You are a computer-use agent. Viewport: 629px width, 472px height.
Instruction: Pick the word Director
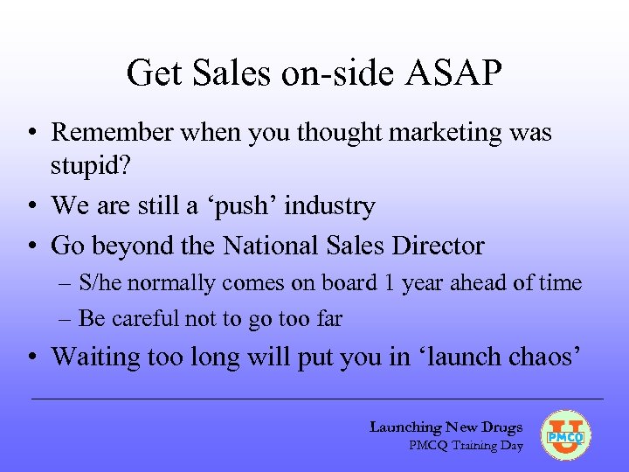440,246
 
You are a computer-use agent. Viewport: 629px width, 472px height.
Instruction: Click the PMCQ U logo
566,434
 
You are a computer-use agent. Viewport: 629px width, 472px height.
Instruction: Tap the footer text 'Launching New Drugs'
446,427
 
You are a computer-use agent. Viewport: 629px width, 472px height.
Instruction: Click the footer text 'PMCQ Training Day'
466,445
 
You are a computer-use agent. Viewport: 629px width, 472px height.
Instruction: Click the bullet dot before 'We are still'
31,206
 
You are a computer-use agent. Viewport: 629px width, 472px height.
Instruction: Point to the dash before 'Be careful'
66,319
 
